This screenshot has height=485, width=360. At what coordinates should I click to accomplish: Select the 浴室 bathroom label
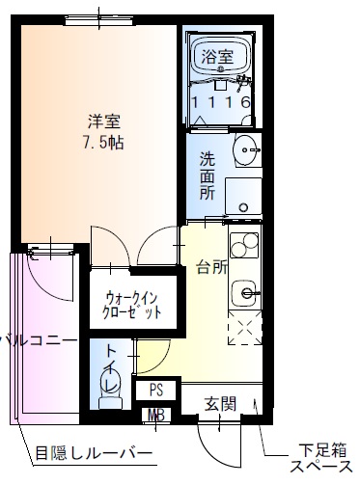coord(217,58)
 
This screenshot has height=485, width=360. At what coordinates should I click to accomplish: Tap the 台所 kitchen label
coord(212,267)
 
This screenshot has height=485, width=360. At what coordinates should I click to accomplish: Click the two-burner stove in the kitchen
coord(244,247)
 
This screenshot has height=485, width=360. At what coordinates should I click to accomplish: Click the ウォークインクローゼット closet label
coord(132,305)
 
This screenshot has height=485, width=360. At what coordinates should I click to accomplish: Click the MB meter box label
coord(154,417)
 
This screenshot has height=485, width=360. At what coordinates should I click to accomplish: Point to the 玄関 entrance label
coord(221,403)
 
